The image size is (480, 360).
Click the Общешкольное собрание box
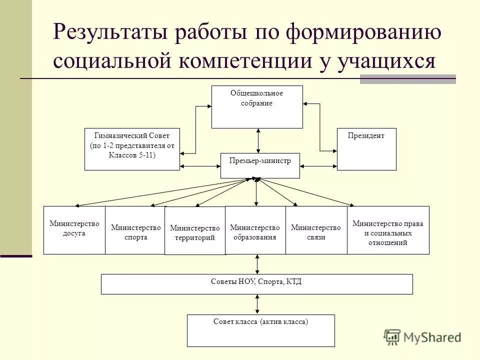click(x=257, y=107)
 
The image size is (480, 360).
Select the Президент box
click(x=366, y=149)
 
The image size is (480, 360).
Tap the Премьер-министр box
click(x=260, y=165)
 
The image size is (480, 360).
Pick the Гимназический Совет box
click(x=132, y=149)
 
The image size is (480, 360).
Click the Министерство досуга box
click(x=74, y=230)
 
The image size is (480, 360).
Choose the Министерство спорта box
click(x=135, y=230)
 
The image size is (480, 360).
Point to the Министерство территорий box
click(x=195, y=231)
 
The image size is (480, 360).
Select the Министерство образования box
click(x=255, y=230)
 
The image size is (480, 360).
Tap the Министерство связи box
click(x=316, y=230)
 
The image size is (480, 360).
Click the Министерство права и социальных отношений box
click(x=388, y=230)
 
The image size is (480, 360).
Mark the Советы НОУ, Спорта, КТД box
click(x=257, y=284)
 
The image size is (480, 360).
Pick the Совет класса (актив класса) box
click(x=261, y=330)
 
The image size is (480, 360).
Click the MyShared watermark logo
click(x=422, y=337)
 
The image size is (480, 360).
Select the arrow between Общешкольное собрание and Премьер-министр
click(x=258, y=140)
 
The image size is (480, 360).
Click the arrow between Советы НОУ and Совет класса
click(x=257, y=304)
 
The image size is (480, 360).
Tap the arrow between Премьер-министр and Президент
click(x=318, y=165)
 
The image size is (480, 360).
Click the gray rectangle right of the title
click(x=407, y=78)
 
